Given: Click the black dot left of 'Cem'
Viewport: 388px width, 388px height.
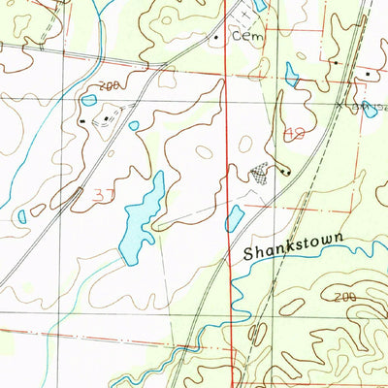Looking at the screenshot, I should [x=216, y=37].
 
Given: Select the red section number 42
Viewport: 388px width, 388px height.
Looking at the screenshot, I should [x=297, y=132].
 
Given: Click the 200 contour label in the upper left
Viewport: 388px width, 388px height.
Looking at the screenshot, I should [x=109, y=85].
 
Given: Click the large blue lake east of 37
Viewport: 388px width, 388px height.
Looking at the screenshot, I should [x=140, y=218].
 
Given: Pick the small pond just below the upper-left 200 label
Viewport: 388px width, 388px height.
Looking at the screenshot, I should [x=89, y=99].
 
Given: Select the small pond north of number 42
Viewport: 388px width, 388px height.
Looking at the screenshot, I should [x=291, y=74].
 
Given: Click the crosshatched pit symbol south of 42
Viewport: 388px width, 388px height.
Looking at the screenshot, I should [x=258, y=173].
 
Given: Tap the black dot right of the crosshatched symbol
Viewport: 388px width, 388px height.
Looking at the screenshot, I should [x=283, y=172].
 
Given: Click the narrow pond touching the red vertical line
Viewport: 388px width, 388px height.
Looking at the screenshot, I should [x=235, y=218].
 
